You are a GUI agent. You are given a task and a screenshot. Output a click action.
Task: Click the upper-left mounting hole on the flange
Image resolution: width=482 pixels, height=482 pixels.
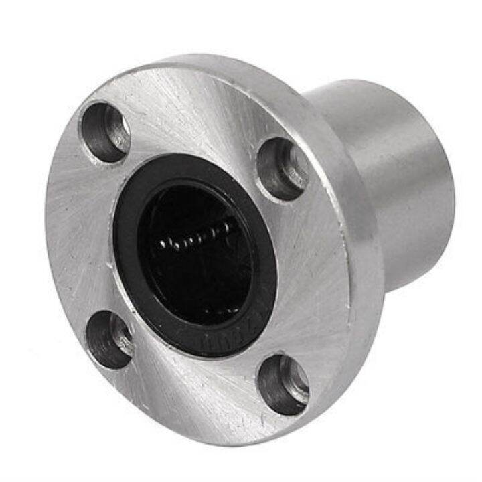tap(105, 132)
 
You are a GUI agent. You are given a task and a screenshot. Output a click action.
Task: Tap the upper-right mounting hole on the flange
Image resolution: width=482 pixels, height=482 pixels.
tap(283, 168)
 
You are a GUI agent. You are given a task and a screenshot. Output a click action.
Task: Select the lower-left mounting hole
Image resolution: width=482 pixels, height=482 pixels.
tap(109, 339)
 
